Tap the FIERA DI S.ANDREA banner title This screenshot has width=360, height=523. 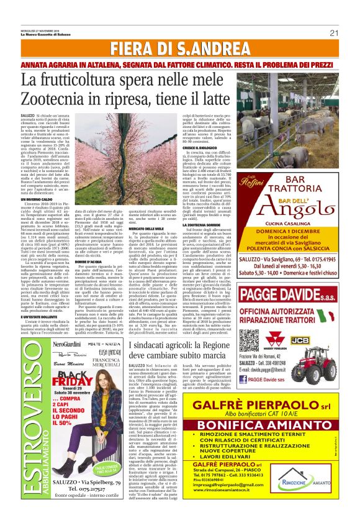pos(179,50)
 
